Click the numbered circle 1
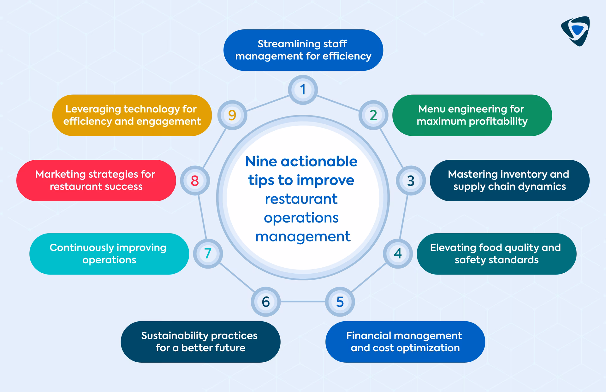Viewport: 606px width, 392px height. [303, 90]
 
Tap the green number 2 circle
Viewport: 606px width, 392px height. [373, 115]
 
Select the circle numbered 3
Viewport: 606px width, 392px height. [411, 181]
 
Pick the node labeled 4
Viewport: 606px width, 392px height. [398, 253]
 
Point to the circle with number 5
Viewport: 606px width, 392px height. [340, 302]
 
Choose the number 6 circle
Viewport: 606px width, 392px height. [266, 302]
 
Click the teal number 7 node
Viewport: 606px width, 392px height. [208, 253]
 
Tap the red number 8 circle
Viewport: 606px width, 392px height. [195, 181]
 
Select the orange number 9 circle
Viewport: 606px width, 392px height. [232, 115]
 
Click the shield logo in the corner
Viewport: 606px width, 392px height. [575, 31]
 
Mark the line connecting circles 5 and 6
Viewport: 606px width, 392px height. [303, 302]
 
